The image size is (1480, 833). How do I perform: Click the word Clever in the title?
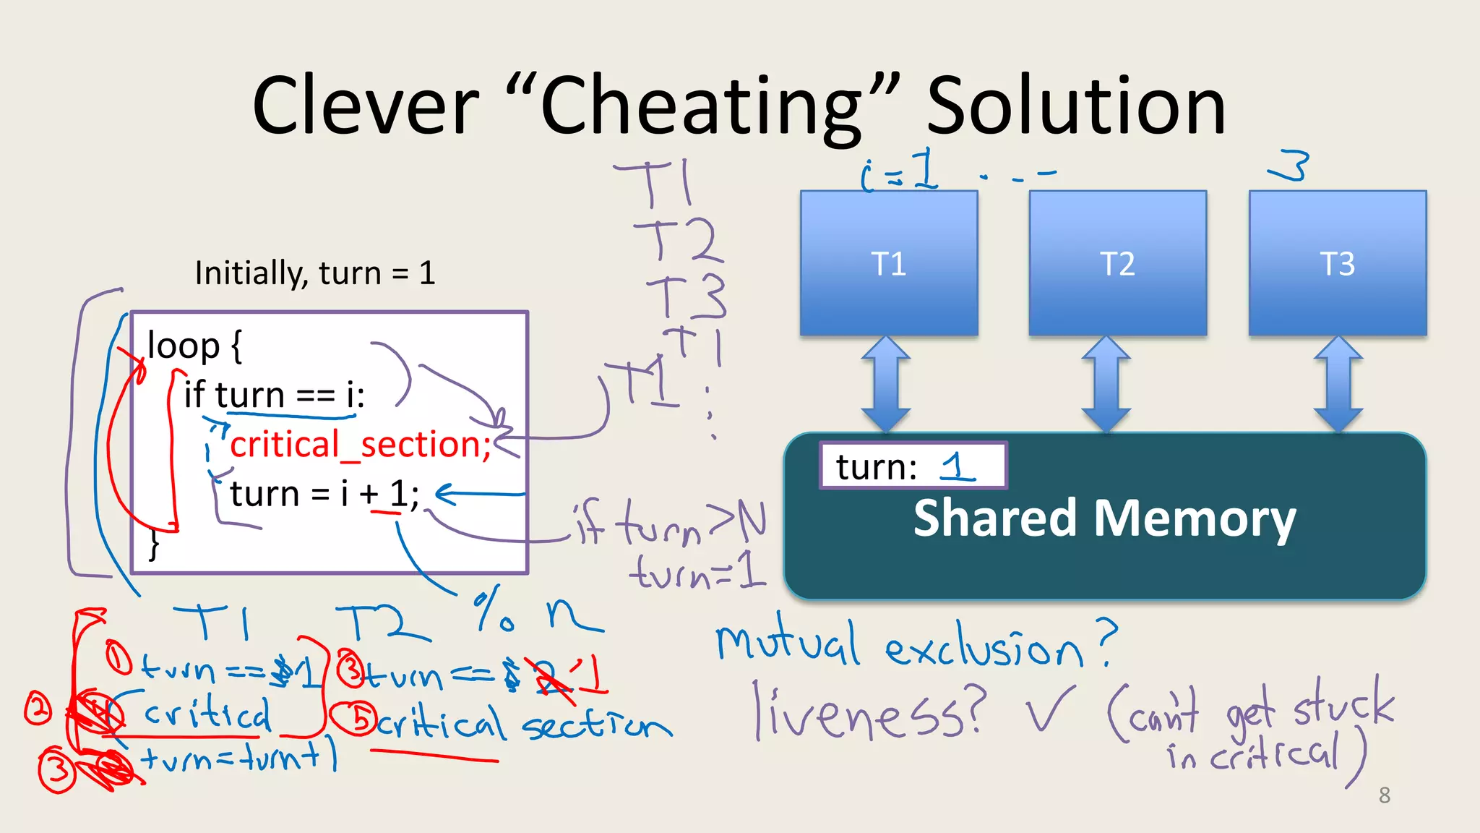point(365,106)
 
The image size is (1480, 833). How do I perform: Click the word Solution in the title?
point(1076,106)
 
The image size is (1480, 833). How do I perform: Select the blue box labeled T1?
point(889,263)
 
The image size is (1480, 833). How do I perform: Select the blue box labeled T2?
point(1117,263)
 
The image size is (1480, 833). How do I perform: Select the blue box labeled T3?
point(1338,263)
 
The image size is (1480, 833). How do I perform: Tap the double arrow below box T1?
point(886,384)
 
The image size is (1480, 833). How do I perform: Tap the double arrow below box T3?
point(1338,384)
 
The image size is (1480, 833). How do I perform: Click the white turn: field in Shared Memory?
point(912,466)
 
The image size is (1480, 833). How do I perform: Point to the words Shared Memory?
point(1104,518)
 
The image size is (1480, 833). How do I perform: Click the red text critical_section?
point(360,444)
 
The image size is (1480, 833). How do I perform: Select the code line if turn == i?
point(275,395)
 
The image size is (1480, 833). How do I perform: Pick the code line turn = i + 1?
point(324,494)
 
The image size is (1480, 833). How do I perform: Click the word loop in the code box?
point(183,345)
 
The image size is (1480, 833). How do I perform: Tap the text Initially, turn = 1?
point(315,273)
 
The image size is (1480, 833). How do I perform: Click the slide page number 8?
point(1384,795)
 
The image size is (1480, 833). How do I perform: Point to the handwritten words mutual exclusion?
point(914,645)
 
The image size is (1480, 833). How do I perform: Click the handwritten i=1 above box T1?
point(900,172)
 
